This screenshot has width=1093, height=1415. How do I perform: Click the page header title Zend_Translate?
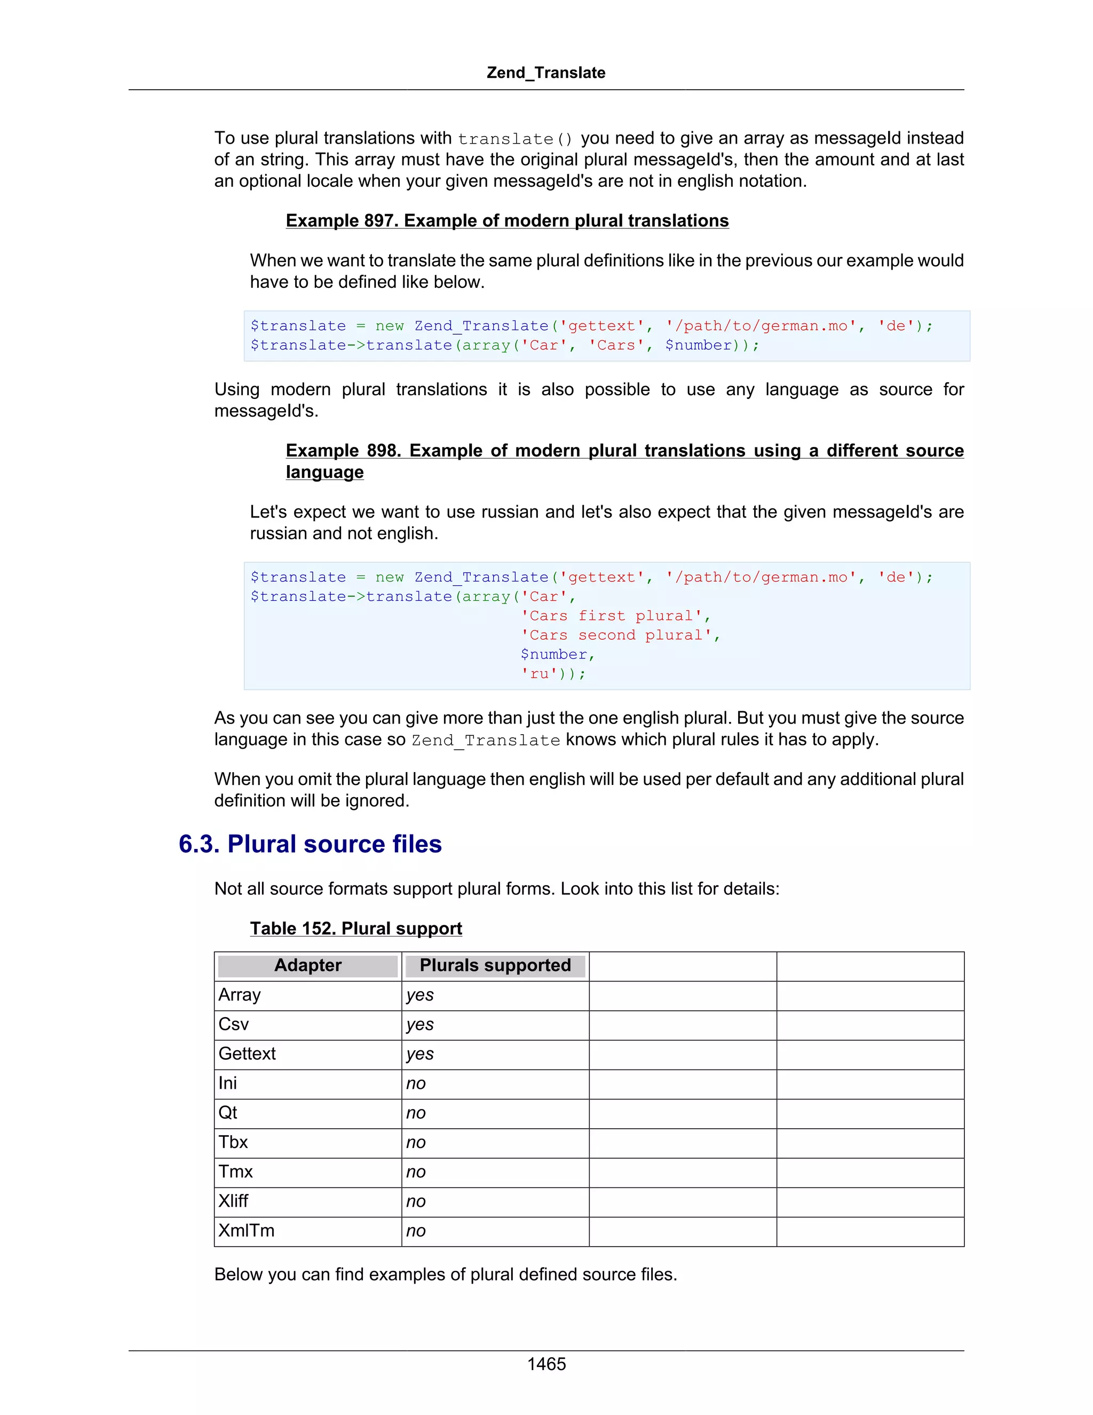click(x=546, y=73)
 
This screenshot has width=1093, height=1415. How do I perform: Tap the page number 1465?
click(x=546, y=1364)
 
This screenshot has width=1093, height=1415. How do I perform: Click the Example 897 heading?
click(x=507, y=221)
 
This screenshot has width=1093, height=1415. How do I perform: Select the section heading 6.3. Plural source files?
click(x=310, y=844)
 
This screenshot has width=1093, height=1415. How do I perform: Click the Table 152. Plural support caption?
click(x=355, y=928)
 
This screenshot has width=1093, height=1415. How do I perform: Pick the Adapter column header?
click(x=307, y=965)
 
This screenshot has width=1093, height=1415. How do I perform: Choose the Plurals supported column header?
click(x=495, y=965)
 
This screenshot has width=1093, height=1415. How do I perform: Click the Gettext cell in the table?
click(x=247, y=1054)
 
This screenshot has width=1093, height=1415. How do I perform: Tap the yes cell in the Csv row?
click(x=420, y=1024)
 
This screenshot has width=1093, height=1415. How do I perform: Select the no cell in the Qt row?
click(x=416, y=1113)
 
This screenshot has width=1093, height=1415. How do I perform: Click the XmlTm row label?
click(x=247, y=1230)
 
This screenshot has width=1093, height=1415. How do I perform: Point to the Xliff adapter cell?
click(x=234, y=1201)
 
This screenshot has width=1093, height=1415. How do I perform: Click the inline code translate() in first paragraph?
click(x=516, y=139)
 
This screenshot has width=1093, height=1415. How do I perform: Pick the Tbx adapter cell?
click(x=233, y=1142)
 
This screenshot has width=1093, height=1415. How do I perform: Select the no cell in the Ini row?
click(x=416, y=1083)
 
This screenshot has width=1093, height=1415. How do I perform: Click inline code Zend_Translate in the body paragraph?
click(x=486, y=741)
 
